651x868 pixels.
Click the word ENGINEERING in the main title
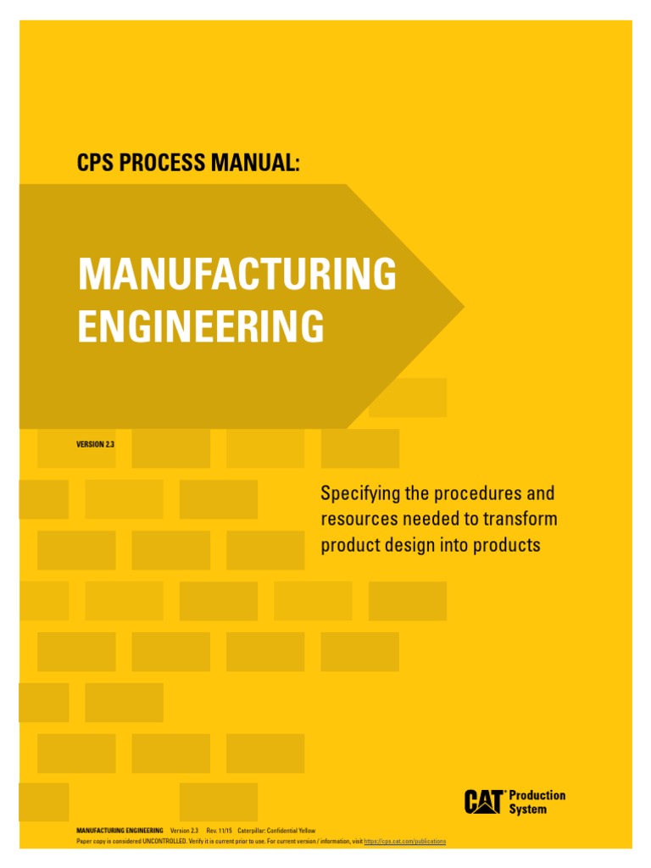[x=201, y=326]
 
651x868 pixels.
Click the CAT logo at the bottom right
[x=485, y=801]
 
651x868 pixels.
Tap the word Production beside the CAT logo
[x=537, y=795]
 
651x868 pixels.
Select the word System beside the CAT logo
[x=527, y=809]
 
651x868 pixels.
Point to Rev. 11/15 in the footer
[x=219, y=830]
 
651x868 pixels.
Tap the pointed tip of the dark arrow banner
[x=461, y=305]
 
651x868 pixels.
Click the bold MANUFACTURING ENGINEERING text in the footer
[x=120, y=830]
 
